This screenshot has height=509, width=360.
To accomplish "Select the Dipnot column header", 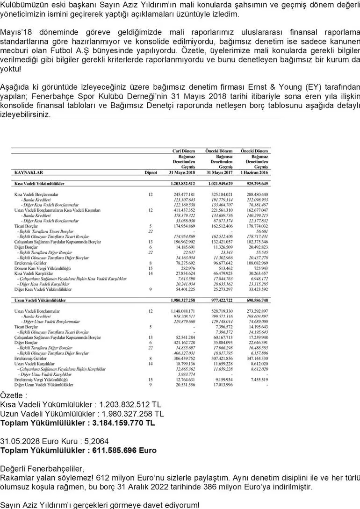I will (x=151, y=172).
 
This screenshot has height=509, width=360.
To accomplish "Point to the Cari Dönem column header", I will (x=184, y=151).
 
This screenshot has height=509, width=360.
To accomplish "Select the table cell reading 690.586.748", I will (x=254, y=300).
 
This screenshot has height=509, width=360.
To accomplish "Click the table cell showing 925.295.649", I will (x=254, y=184).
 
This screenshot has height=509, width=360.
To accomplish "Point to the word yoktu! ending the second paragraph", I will (x=10, y=69).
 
